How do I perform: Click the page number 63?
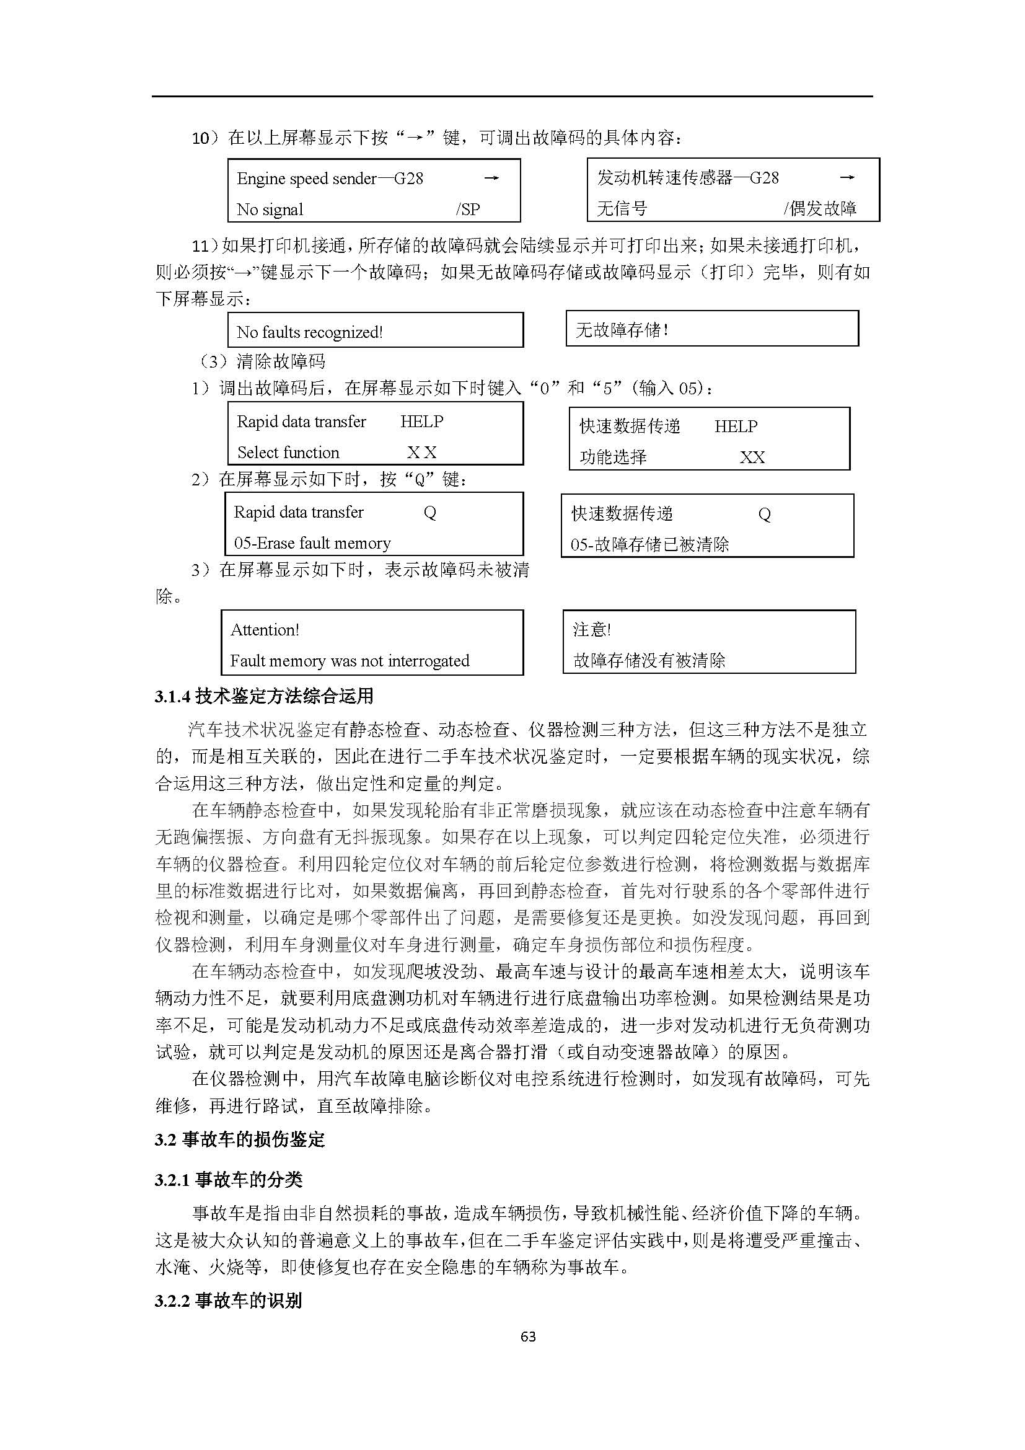[527, 1337]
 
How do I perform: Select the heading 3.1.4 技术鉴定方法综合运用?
[264, 696]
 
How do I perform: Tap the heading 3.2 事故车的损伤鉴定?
[239, 1139]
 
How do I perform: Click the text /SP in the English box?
[468, 210]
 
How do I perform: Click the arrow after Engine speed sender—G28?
[491, 178]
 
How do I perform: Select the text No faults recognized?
[309, 332]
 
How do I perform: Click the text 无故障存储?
[622, 330]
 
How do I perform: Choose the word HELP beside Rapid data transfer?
[421, 421]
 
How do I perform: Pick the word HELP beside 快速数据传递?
[736, 427]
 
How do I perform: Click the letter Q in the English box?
[430, 512]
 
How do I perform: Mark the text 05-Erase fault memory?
[312, 543]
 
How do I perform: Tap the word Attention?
[265, 630]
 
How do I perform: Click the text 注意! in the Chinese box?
[591, 629]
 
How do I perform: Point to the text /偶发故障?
[820, 208]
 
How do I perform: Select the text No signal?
[270, 210]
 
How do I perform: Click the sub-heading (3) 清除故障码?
[262, 361]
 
